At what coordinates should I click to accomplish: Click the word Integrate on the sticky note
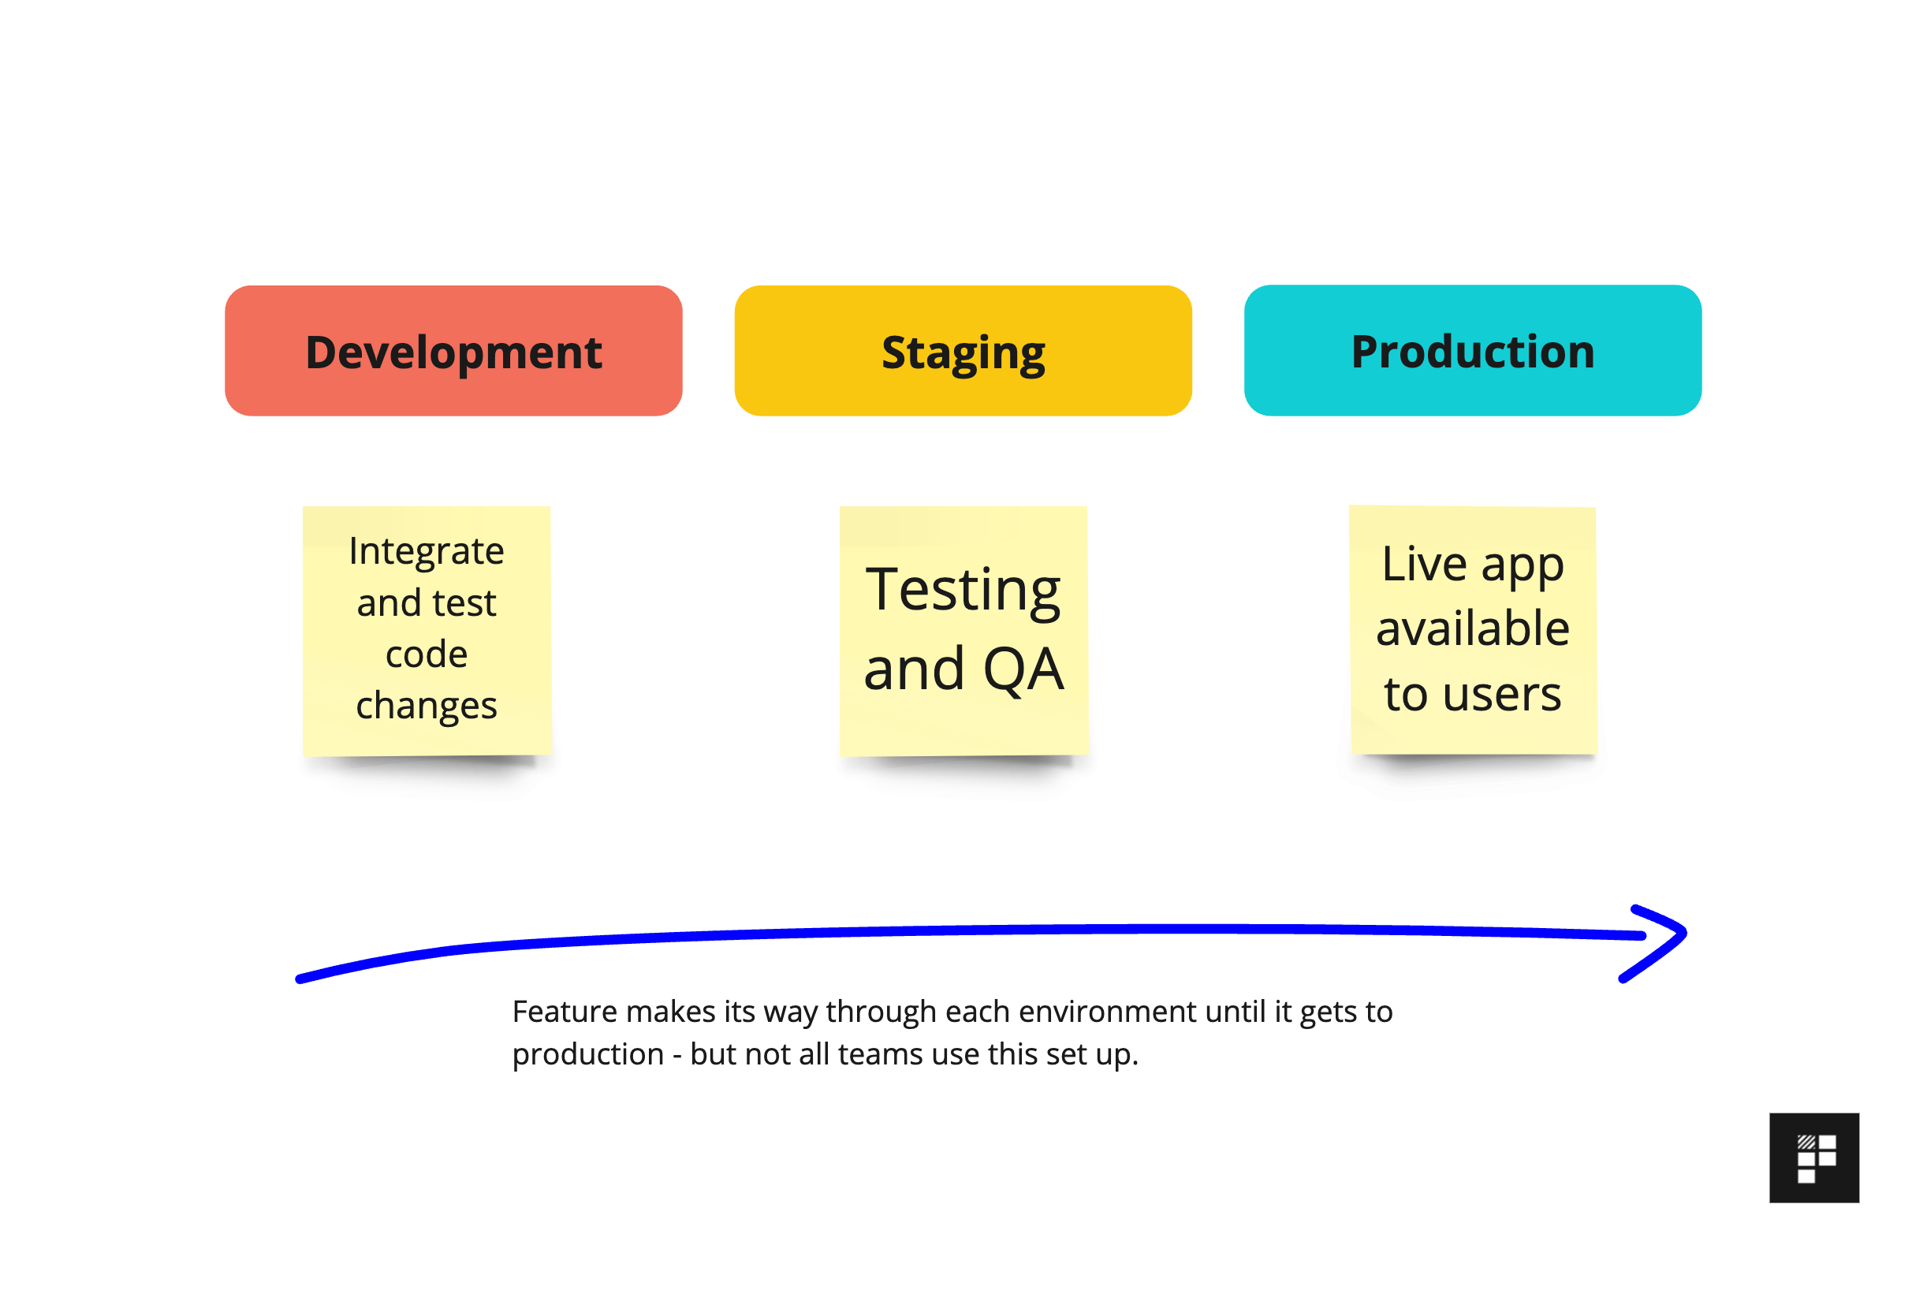click(x=426, y=550)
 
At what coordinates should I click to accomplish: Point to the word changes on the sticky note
click(x=426, y=706)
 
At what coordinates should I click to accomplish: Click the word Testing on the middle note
click(x=962, y=590)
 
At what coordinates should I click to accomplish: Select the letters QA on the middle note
click(x=1023, y=669)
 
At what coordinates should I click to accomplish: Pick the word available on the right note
click(x=1472, y=628)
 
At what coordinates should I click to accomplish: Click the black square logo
click(x=1813, y=1158)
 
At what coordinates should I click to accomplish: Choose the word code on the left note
click(x=426, y=655)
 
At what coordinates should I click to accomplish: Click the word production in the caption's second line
click(x=587, y=1055)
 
